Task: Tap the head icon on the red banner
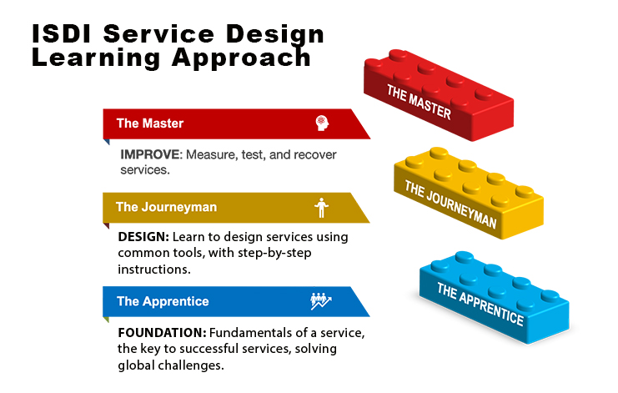coord(321,123)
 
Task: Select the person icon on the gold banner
coord(320,207)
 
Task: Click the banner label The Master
coord(150,123)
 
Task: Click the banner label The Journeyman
coord(166,207)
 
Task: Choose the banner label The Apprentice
coord(163,301)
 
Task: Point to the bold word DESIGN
coord(143,237)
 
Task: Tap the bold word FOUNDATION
coord(160,332)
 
